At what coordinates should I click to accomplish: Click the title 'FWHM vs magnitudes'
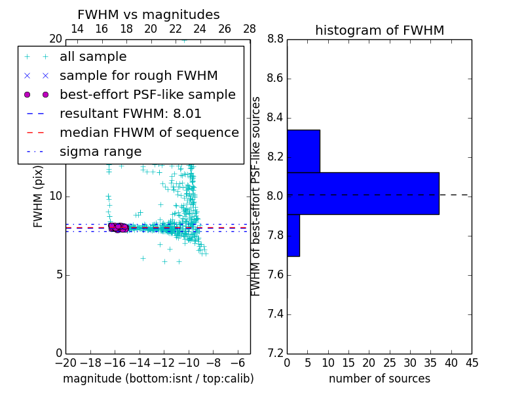pos(149,14)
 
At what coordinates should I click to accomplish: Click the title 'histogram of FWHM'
pos(379,30)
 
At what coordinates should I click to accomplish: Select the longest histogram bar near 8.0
pos(363,193)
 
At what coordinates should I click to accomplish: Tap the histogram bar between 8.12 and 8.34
pos(303,151)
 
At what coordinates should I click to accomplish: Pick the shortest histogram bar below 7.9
pos(293,235)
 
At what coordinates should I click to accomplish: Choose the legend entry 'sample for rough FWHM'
pos(138,75)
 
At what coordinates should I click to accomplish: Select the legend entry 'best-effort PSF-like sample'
pos(147,94)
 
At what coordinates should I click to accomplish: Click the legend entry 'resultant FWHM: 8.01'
pos(130,113)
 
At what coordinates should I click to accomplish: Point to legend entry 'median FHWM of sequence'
pos(149,132)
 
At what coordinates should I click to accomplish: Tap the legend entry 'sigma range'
pos(100,151)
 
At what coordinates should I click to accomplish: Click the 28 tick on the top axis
pos(250,29)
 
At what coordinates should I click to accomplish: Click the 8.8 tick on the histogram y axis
pos(275,39)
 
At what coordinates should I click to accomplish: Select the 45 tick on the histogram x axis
pos(471,363)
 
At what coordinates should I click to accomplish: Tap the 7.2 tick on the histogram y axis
pos(275,353)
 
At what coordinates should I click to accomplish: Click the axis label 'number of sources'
pos(379,379)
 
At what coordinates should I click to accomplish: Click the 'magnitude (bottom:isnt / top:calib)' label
pos(158,379)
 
